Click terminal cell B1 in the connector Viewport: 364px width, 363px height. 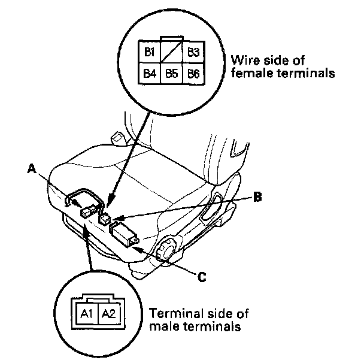click(149, 52)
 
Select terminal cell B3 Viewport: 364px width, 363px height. click(193, 52)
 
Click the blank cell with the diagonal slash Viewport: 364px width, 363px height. click(171, 53)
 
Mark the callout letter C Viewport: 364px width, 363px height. click(203, 277)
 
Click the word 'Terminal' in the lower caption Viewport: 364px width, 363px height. click(168, 314)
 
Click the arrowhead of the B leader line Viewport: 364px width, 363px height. click(115, 219)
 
